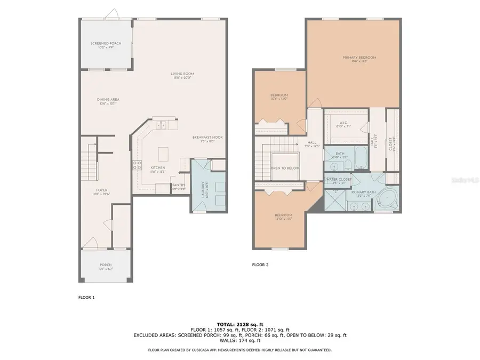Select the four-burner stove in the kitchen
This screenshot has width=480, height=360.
137,165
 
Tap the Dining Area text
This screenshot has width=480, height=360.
108,101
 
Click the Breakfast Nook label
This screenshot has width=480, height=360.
207,139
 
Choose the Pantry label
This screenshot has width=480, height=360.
178,187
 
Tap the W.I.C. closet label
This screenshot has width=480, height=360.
343,124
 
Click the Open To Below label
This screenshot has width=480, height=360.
285,168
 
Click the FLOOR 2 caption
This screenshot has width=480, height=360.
260,264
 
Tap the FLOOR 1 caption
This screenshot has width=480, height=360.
86,297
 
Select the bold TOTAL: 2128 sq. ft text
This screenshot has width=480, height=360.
239,324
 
